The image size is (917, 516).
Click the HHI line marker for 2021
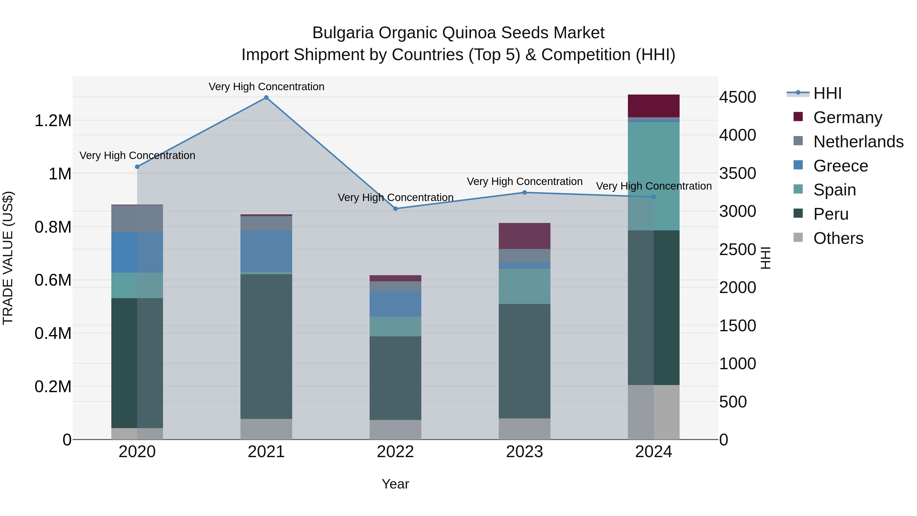point(266,98)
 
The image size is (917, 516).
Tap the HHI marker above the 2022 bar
point(396,209)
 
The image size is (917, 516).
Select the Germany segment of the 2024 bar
point(654,106)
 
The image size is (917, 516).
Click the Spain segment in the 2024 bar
point(654,176)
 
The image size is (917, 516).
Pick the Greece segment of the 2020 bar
point(137,253)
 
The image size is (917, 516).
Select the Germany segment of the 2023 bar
point(524,236)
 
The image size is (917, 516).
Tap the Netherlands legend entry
point(858,142)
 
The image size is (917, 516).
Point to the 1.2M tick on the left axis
point(53,121)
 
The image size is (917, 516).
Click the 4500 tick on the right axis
point(738,97)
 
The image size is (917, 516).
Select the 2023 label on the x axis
point(524,452)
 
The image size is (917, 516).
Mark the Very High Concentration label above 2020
point(137,156)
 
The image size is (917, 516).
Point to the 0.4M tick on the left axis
point(53,333)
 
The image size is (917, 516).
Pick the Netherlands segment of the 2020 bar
point(137,219)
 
